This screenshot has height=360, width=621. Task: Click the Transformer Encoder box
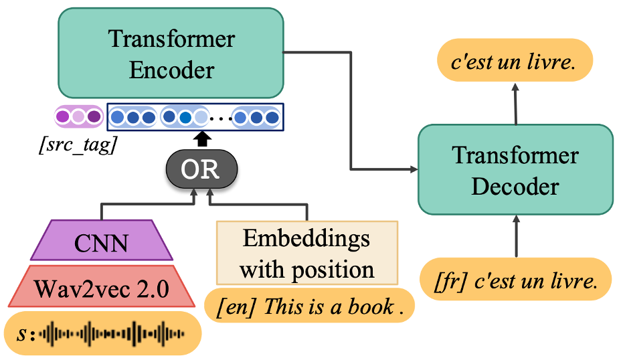tap(171, 53)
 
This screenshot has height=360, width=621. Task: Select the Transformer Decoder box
tap(515, 169)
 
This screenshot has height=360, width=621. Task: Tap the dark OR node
tap(201, 169)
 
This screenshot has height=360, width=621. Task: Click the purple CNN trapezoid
tap(102, 240)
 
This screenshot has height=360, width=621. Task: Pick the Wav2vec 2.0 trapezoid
tap(102, 286)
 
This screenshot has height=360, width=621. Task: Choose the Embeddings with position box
tap(307, 253)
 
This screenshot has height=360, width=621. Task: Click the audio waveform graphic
tap(112, 334)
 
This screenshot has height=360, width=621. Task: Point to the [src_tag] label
tap(78, 145)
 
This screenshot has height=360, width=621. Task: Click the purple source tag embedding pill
tap(79, 116)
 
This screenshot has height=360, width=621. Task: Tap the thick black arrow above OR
tap(202, 139)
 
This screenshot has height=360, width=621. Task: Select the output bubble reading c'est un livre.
tap(515, 60)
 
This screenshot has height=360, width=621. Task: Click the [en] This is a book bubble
tap(309, 306)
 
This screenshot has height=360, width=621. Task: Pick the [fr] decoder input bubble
tap(516, 279)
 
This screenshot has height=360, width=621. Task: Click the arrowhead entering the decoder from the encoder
tap(414, 169)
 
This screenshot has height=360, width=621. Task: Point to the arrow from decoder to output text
tap(515, 104)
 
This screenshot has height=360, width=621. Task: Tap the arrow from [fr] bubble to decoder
tap(516, 236)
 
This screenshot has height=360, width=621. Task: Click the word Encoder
tap(171, 70)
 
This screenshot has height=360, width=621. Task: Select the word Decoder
tap(515, 186)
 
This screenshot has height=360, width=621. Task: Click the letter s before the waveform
tap(21, 335)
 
